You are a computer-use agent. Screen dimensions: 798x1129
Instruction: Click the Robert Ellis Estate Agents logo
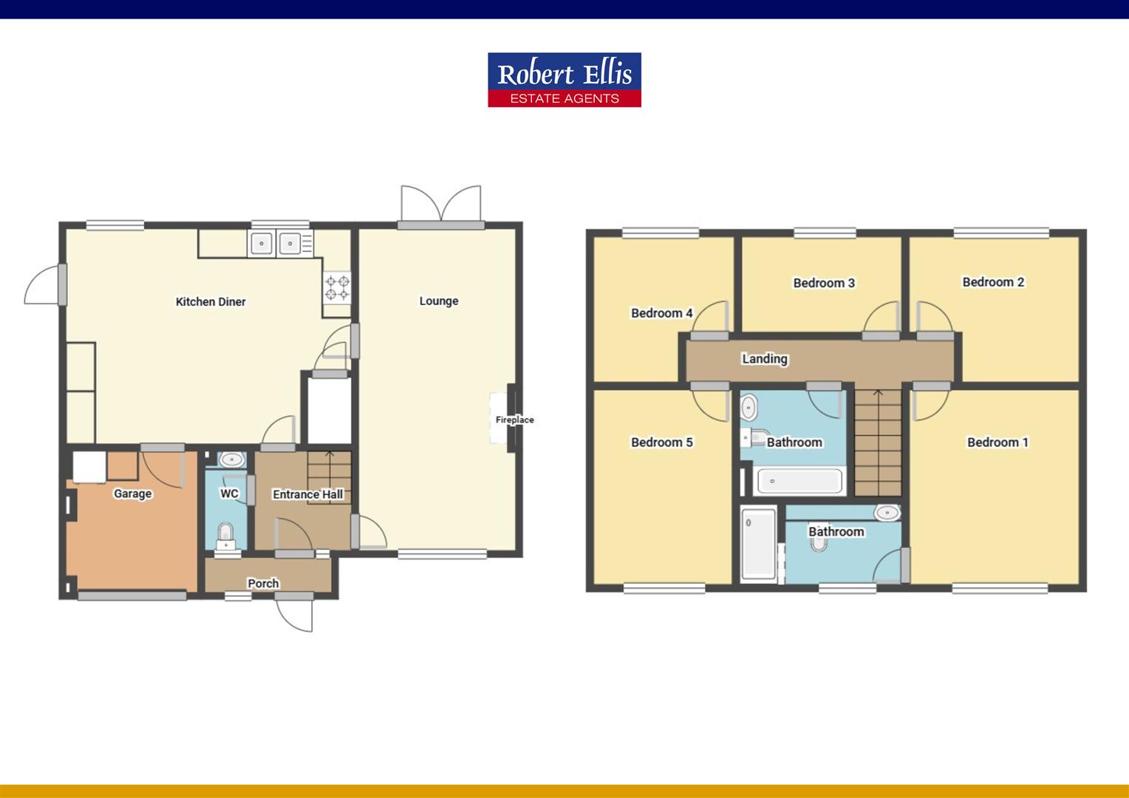click(564, 80)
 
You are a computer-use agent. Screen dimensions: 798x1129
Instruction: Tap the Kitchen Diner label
click(211, 301)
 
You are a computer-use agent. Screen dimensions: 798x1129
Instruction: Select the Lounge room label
click(439, 301)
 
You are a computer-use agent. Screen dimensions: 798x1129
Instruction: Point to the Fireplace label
click(514, 420)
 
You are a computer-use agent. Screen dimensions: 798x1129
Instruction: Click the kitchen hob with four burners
click(338, 287)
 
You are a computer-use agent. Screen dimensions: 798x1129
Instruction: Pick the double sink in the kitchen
click(276, 242)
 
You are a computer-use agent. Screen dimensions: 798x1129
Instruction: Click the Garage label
click(132, 494)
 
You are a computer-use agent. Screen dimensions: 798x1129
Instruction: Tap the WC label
click(229, 493)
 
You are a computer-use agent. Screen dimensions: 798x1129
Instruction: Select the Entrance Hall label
click(307, 494)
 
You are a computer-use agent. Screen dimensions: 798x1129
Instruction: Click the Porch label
click(263, 583)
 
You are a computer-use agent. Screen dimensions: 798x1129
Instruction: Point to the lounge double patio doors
click(441, 205)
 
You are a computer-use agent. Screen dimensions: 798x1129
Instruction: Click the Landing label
click(765, 359)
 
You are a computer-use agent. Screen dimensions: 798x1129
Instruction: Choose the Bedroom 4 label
click(661, 313)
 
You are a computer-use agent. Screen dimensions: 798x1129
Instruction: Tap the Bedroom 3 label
click(824, 283)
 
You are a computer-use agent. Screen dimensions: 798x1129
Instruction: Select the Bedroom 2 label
click(993, 282)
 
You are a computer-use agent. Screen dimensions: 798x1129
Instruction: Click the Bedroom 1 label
click(997, 442)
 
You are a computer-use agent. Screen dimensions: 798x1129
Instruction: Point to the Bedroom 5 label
click(661, 442)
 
